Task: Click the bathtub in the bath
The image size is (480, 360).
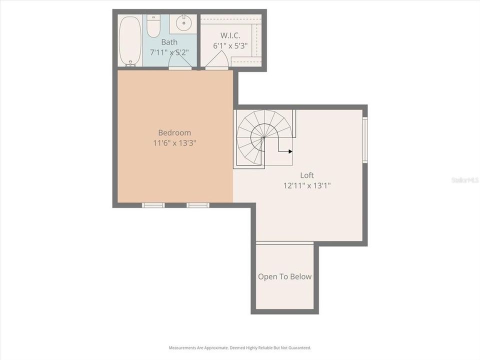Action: (x=130, y=41)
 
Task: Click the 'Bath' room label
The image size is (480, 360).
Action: (x=169, y=42)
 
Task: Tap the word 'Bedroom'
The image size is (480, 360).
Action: (x=174, y=132)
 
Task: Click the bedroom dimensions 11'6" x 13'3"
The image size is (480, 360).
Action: (x=174, y=142)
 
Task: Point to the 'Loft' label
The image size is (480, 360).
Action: (x=307, y=175)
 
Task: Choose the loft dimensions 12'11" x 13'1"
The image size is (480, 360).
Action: (x=307, y=185)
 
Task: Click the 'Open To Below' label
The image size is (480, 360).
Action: (x=284, y=276)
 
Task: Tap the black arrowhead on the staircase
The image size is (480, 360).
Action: (x=290, y=151)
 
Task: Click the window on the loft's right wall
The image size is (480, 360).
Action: (x=365, y=139)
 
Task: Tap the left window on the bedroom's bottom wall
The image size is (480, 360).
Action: (x=153, y=205)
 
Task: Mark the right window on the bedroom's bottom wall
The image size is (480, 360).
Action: (x=197, y=205)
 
